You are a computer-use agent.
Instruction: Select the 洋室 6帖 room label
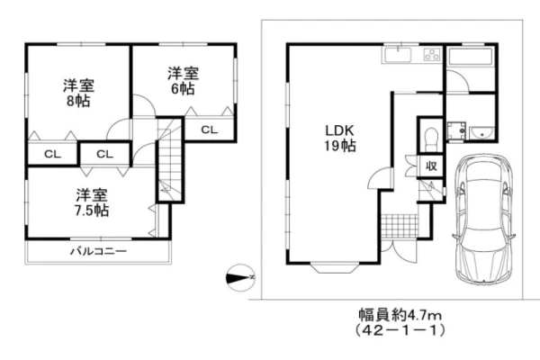coord(181,81)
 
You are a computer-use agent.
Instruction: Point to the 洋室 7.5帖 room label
coord(90,202)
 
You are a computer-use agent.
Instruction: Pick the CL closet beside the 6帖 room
coord(208,130)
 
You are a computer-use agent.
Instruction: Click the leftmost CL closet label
coord(52,154)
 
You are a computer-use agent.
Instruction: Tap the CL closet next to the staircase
coord(104,154)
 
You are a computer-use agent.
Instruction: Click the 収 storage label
coord(431,166)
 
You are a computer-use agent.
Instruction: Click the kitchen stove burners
coord(428,55)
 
